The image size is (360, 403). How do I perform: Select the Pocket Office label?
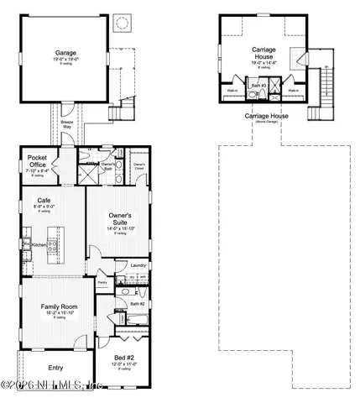pos(37,160)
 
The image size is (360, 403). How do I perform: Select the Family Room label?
pos(60,307)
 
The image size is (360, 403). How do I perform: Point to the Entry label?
pos(56,367)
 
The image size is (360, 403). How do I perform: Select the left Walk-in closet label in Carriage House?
pos(232,90)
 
